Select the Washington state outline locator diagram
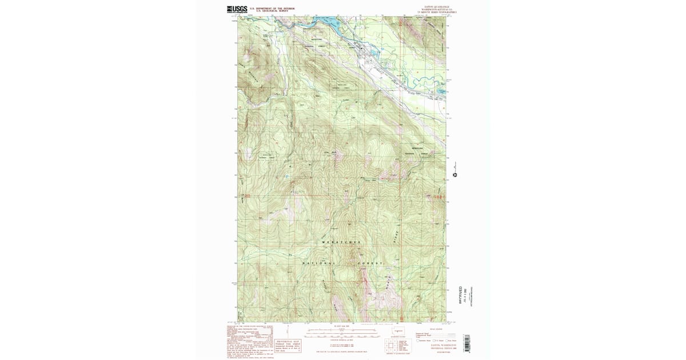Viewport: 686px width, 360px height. [398, 331]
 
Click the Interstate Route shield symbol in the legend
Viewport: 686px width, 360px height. [418, 340]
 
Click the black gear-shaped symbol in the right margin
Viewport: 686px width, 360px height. [455, 175]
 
